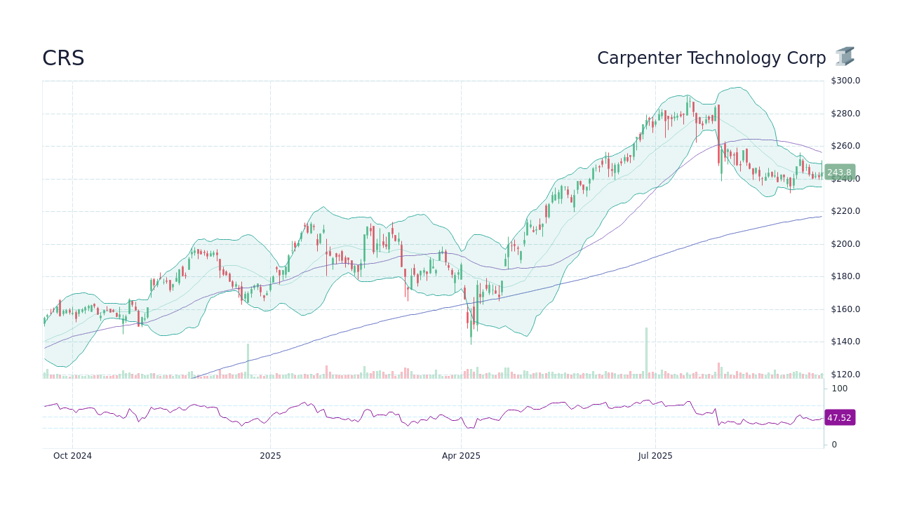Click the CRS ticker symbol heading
63,59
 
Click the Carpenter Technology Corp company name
711,58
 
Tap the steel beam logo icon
845,57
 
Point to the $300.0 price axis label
845,81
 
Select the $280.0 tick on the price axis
845,114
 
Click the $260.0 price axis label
845,146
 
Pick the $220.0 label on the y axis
845,211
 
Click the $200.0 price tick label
845,244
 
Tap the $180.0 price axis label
845,276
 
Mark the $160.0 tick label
845,309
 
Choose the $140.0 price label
845,342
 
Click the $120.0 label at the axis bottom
845,375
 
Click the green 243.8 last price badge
839,173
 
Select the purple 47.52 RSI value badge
839,417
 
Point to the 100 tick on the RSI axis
840,389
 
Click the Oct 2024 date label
72,456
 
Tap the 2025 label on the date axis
270,456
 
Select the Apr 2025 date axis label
461,456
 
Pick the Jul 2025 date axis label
655,456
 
